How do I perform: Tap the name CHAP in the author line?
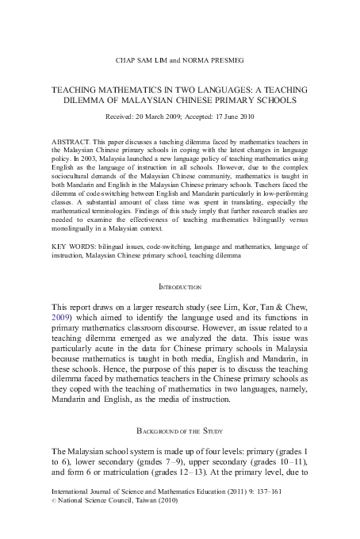(128, 59)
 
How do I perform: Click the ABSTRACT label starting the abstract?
(71, 142)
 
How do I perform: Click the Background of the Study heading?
(180, 432)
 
